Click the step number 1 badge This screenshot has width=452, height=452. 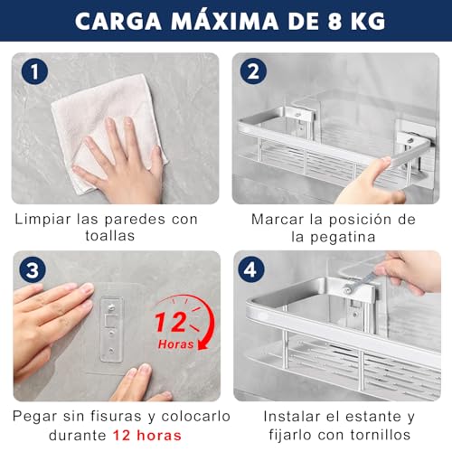(x=33, y=71)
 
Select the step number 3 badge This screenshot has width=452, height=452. (x=33, y=270)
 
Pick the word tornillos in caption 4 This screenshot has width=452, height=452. (x=373, y=436)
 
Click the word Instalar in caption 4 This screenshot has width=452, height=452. (x=293, y=416)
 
